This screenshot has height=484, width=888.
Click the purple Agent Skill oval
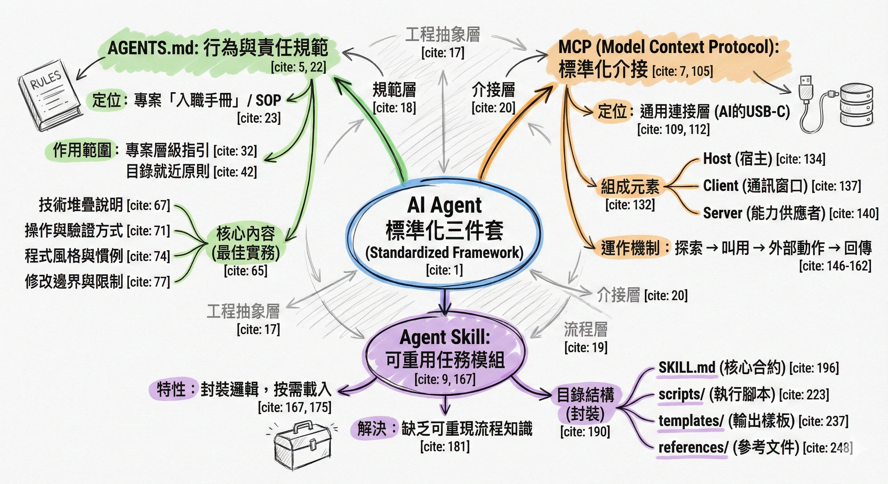point(445,355)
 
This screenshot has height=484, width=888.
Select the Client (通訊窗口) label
point(755,186)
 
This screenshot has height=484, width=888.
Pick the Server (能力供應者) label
point(764,213)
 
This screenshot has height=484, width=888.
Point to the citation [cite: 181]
point(445,447)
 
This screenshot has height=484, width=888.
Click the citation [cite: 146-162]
point(835,266)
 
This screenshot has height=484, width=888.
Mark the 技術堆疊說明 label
point(81,205)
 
